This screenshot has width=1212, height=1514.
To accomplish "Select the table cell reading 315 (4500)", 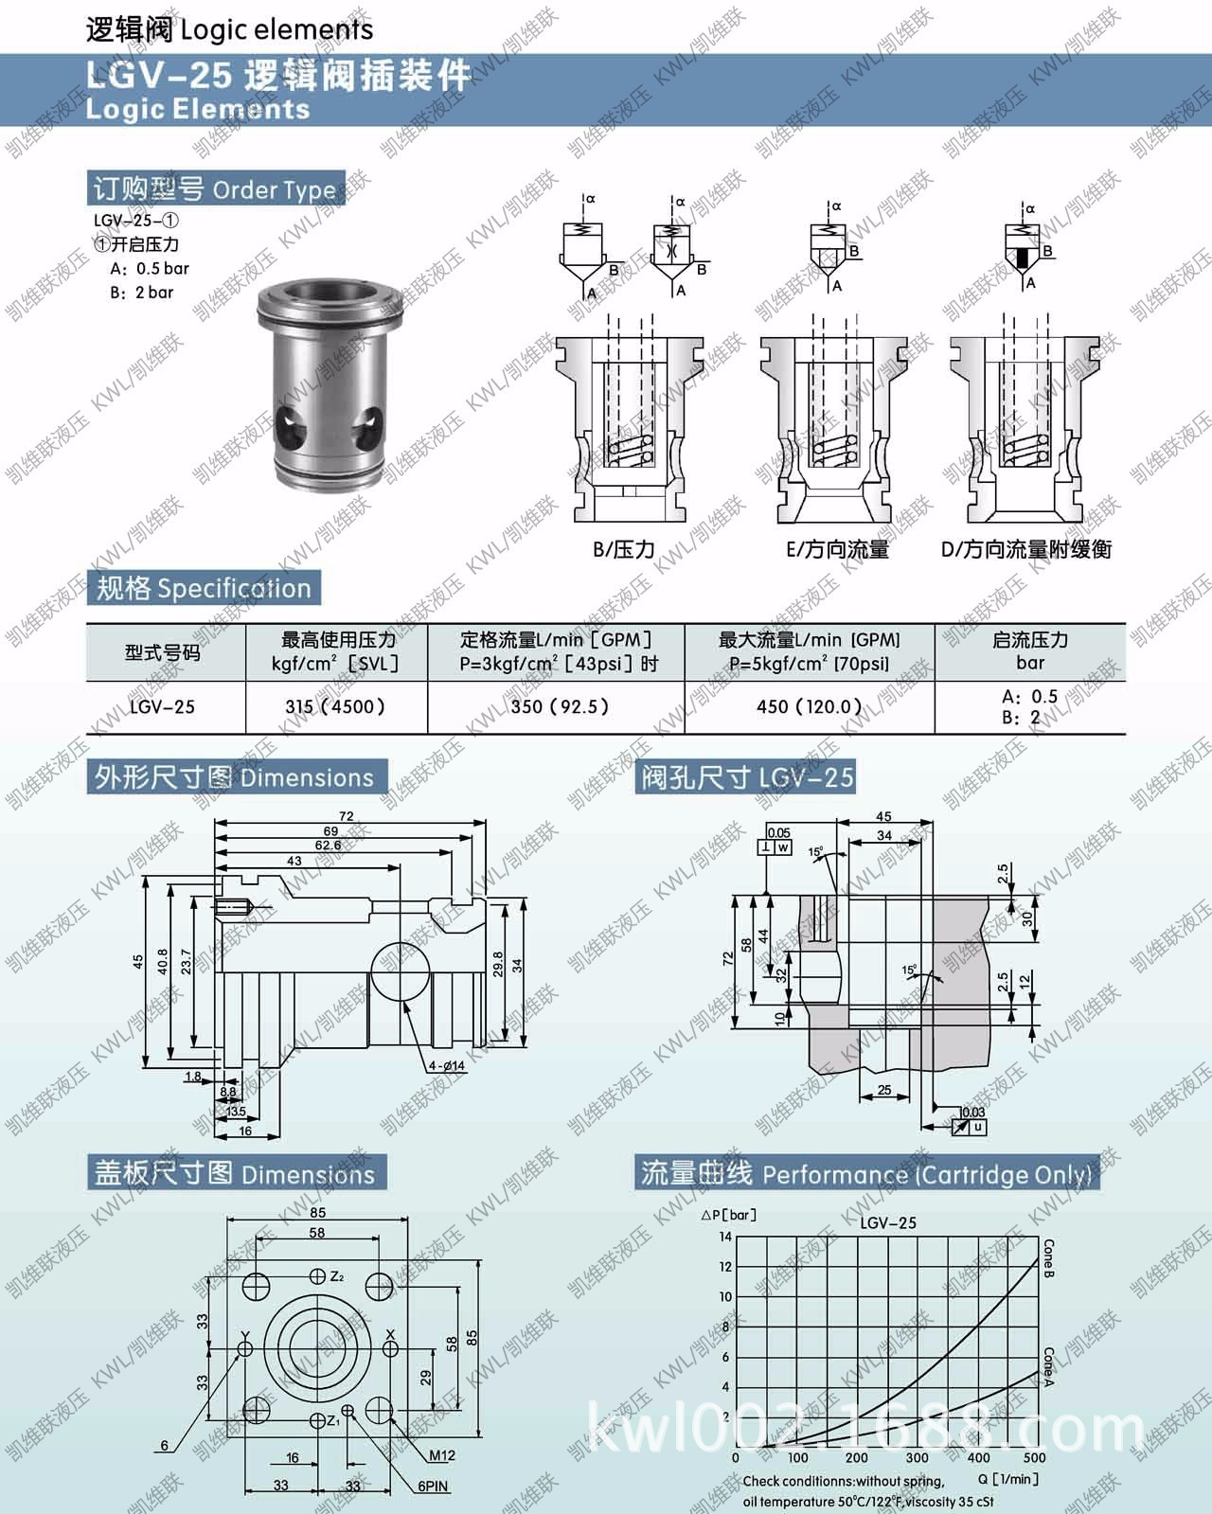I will pos(335,706).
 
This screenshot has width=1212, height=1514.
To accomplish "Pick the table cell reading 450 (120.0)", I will pos(809,706).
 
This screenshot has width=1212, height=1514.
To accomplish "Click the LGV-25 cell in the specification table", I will pos(163,706).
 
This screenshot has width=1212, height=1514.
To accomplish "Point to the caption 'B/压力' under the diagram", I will pos(624,549).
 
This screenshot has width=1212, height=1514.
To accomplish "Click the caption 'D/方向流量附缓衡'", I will pos(1026,549).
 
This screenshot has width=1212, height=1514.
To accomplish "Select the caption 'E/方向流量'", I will pos(837,549).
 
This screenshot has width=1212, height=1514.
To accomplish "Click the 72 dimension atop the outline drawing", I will pos(346,816).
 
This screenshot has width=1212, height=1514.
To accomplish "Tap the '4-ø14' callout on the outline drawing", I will pos(447,1065).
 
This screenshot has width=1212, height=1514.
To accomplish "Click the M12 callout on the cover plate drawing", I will pos(442,1455).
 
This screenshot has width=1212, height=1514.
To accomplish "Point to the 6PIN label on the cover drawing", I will pos(434,1486).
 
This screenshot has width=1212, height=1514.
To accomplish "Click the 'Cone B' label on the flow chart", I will pos(1048,1258).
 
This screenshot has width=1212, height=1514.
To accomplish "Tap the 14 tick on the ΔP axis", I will pos(725,1237).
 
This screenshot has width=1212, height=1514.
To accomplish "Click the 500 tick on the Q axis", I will pos(1034,1458).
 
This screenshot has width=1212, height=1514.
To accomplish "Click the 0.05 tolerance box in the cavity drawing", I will pos(778,833).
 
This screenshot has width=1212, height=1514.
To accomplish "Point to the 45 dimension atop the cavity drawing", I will pos(882,817).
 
